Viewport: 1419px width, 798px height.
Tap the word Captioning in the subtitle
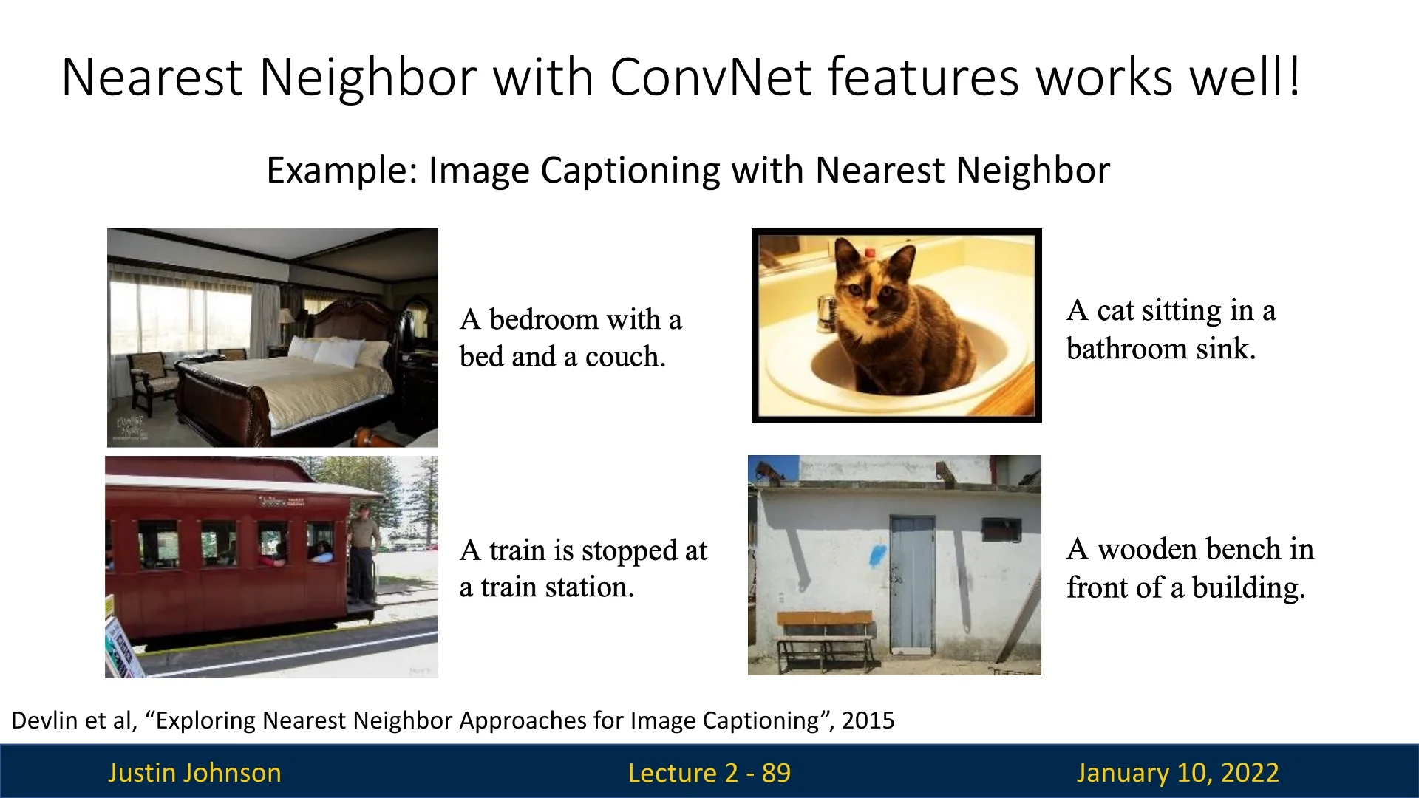click(630, 171)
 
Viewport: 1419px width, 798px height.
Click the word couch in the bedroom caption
click(625, 357)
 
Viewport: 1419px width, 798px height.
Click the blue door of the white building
click(912, 584)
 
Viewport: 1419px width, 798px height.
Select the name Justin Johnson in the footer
click(194, 773)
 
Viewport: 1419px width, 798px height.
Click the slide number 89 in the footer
click(776, 773)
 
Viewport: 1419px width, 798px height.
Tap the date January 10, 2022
click(1177, 773)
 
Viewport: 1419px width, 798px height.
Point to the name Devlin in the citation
click(46, 720)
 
